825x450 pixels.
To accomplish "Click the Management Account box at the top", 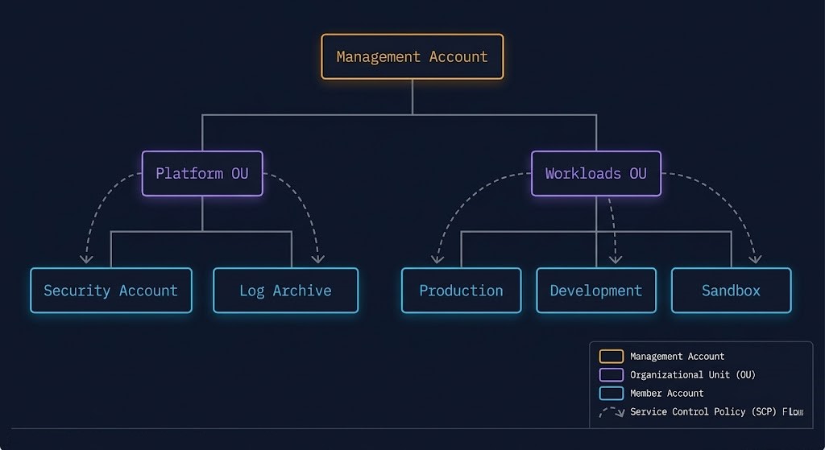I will tap(412, 56).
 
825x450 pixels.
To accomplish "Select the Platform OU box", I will tap(202, 173).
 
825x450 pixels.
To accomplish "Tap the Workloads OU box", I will tap(595, 173).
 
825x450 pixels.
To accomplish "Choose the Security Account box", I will tap(110, 291).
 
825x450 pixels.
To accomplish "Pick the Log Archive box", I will tap(285, 291).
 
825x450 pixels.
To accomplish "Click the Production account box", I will tap(461, 291).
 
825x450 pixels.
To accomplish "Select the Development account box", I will tap(595, 291).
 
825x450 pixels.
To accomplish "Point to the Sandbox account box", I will tap(731, 291).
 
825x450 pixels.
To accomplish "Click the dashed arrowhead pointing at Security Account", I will tap(86, 259).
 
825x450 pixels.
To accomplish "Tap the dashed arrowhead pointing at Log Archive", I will tap(318, 259).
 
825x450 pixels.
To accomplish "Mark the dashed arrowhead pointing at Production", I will tap(437, 259).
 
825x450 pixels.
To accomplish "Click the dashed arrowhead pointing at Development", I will tap(616, 259).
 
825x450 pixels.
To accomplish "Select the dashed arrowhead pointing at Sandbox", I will tap(756, 259).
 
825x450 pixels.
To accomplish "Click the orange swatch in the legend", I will tap(611, 357).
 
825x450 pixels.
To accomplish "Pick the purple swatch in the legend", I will tap(611, 375).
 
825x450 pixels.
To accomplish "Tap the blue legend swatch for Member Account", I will tap(611, 394).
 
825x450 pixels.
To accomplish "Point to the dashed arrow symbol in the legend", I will tap(612, 412).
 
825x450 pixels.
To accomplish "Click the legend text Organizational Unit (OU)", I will tap(692, 375).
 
